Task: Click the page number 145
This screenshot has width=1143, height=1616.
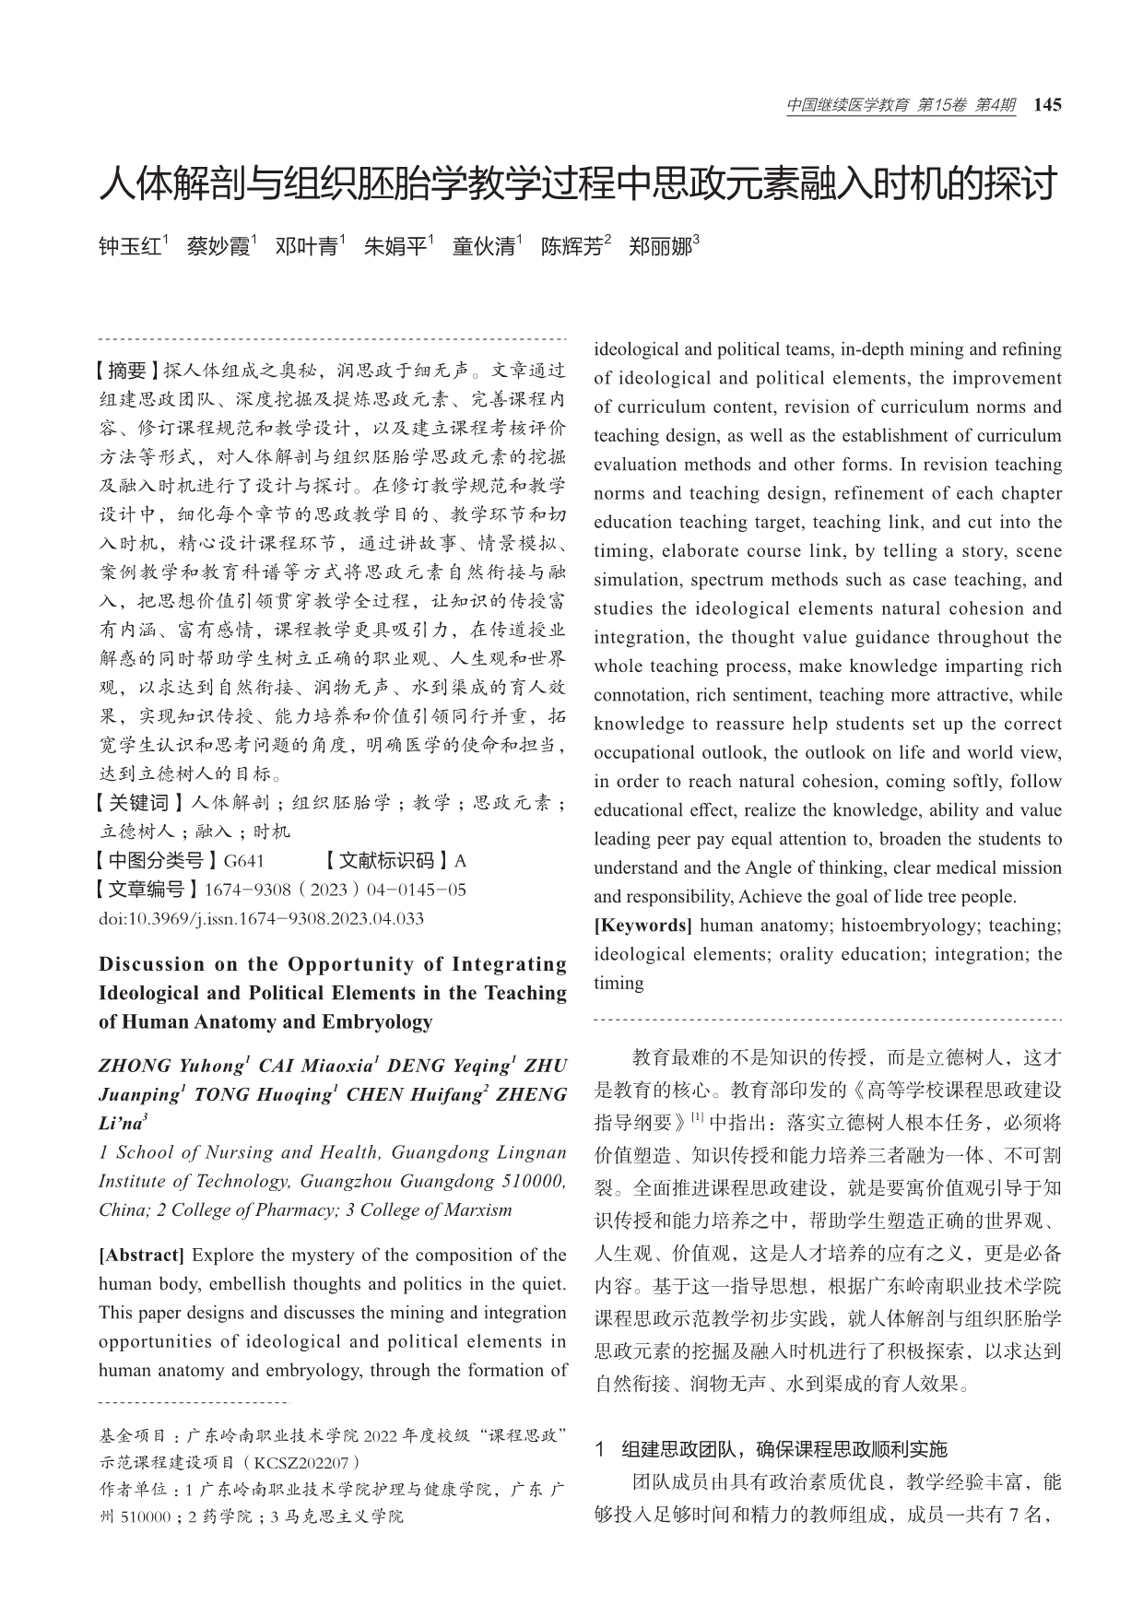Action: point(1048,105)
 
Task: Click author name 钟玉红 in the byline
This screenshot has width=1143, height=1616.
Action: point(130,247)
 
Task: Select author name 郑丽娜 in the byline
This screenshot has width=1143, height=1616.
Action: point(660,247)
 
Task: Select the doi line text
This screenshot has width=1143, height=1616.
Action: point(261,918)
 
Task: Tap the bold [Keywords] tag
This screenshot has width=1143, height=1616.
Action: point(642,925)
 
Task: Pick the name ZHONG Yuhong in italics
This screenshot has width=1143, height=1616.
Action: point(171,1066)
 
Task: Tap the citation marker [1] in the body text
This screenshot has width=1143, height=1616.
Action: point(697,1117)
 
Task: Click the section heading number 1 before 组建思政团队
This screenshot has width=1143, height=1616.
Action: point(599,1449)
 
